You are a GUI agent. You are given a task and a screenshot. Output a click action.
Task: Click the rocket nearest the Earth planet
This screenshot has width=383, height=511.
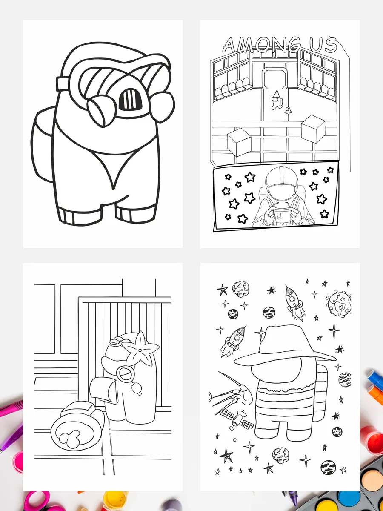click(294, 302)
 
